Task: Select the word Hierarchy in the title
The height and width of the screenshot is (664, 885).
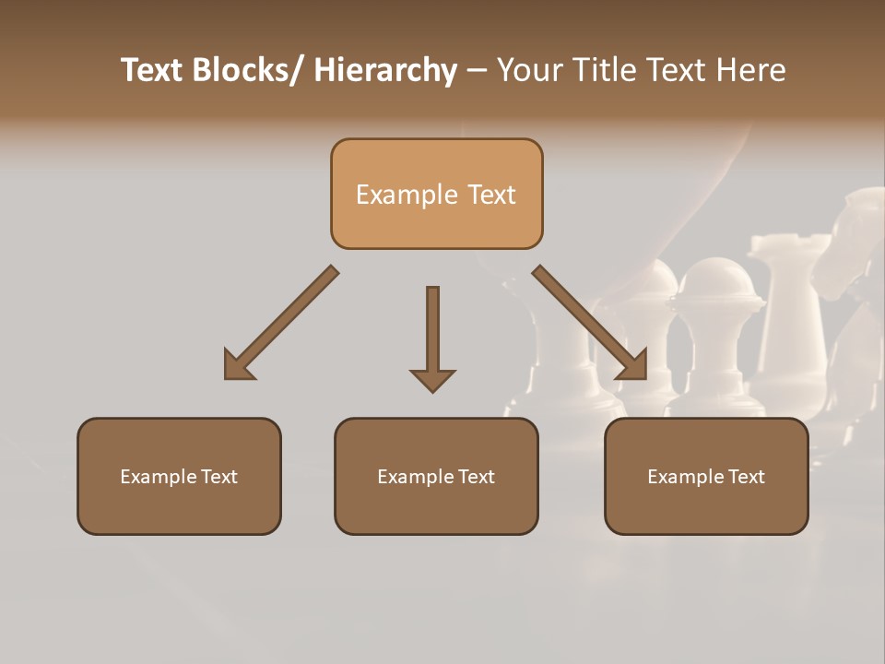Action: (385, 71)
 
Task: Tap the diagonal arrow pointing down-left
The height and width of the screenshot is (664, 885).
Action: (282, 322)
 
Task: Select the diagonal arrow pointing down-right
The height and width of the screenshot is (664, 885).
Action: (590, 322)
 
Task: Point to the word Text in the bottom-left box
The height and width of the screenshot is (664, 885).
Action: (219, 477)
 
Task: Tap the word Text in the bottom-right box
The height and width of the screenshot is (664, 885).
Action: (747, 477)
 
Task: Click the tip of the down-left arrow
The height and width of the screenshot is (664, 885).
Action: (228, 376)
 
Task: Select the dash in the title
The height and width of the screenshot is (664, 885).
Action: (477, 71)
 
